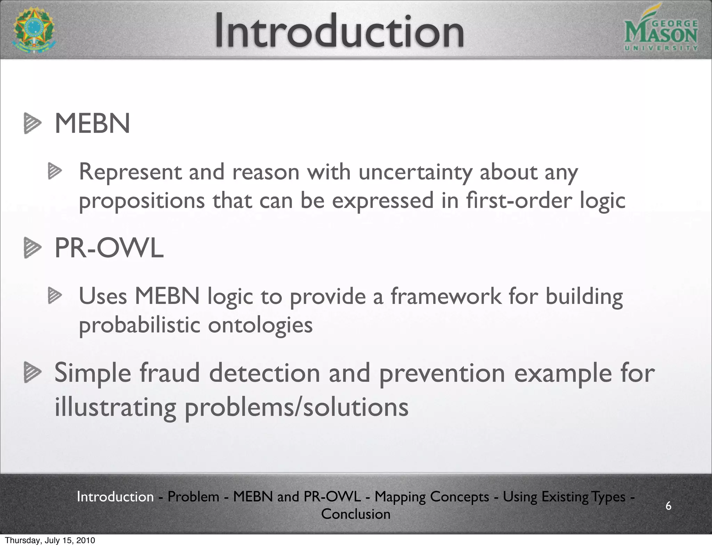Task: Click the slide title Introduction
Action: (x=339, y=31)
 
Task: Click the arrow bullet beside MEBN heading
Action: (x=32, y=123)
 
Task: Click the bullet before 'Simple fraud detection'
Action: (x=32, y=372)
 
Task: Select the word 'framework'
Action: (x=446, y=296)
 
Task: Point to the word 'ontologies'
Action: (x=260, y=325)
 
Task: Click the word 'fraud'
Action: (x=170, y=373)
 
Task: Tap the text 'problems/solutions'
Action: (x=296, y=407)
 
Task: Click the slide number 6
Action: (x=668, y=506)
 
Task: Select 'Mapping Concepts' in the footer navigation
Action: (x=432, y=497)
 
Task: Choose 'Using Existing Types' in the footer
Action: (x=564, y=497)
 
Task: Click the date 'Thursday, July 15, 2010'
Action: (x=50, y=540)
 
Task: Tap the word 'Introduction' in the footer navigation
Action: (x=115, y=497)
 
